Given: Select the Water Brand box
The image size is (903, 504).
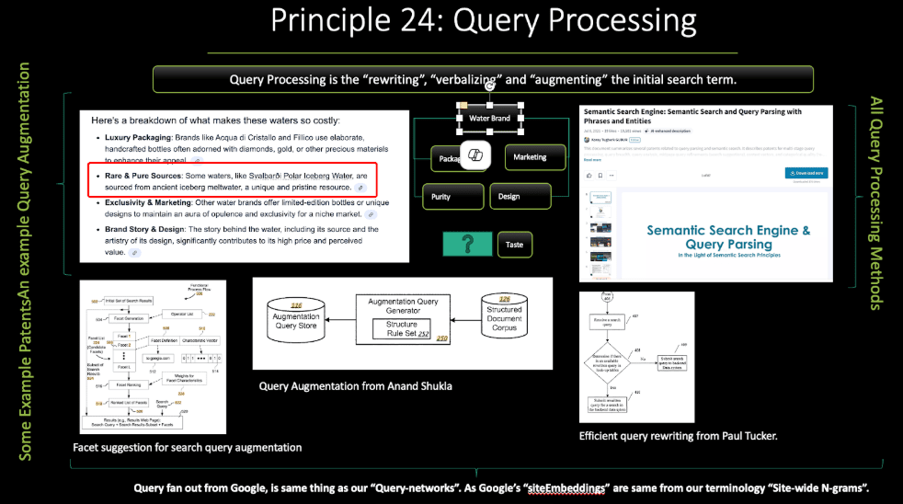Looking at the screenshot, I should (489, 119).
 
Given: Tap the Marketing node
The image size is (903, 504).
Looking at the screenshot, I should (529, 157).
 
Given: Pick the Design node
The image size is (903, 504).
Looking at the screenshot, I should (509, 196).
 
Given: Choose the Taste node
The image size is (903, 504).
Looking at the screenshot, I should (515, 245).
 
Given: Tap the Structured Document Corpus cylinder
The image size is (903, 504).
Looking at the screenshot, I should (503, 315).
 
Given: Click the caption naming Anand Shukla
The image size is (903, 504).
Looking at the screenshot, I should (356, 386).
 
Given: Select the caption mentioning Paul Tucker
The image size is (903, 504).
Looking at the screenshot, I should (679, 435).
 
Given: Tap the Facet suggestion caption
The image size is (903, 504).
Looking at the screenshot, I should (188, 448).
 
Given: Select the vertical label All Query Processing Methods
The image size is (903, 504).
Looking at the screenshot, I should (877, 202).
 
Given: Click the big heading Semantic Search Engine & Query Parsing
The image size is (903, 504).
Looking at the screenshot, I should (728, 237).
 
